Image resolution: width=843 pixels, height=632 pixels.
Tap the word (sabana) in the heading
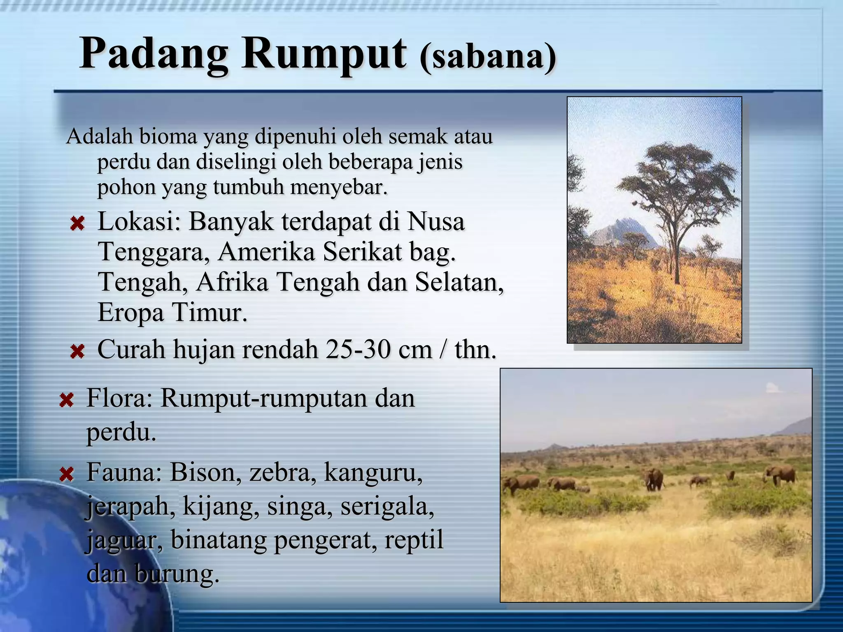click(488, 58)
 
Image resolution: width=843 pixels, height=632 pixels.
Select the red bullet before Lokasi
click(77, 224)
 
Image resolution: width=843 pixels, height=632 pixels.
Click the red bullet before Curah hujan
click(77, 352)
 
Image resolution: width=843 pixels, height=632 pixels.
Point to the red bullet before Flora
click(66, 400)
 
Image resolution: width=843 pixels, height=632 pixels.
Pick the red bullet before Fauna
click(66, 474)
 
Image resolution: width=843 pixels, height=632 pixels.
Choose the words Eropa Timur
click(172, 313)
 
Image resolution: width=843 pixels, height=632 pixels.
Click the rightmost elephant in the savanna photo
click(780, 475)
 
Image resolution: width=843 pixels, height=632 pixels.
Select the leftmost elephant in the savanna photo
click(521, 484)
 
